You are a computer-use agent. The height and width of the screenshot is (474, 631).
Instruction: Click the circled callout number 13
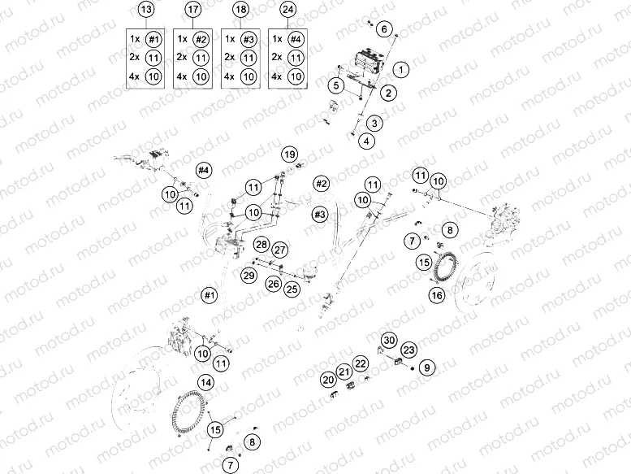point(145,11)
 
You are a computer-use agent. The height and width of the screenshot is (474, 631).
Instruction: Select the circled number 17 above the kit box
point(192,11)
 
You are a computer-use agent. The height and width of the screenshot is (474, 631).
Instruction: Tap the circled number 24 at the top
point(287,11)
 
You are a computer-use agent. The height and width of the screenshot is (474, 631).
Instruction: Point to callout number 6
point(384,30)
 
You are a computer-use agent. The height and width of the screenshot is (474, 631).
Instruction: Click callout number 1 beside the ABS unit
point(402,70)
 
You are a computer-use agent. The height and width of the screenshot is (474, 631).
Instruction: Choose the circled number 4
point(368,141)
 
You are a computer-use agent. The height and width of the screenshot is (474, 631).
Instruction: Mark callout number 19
point(290,154)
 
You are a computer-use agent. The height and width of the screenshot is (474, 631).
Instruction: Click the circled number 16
point(437,296)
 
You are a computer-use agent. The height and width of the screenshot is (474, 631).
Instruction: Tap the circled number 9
point(428,367)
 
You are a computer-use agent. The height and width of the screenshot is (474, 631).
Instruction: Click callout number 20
point(328,379)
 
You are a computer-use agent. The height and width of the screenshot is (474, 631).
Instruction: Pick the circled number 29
point(249,277)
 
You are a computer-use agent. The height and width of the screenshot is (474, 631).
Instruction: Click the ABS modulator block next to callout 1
point(363,63)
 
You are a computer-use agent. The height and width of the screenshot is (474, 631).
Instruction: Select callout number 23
point(408,350)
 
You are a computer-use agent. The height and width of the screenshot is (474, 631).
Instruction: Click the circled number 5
point(335,85)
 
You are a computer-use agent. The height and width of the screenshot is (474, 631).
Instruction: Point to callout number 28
point(261,245)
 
